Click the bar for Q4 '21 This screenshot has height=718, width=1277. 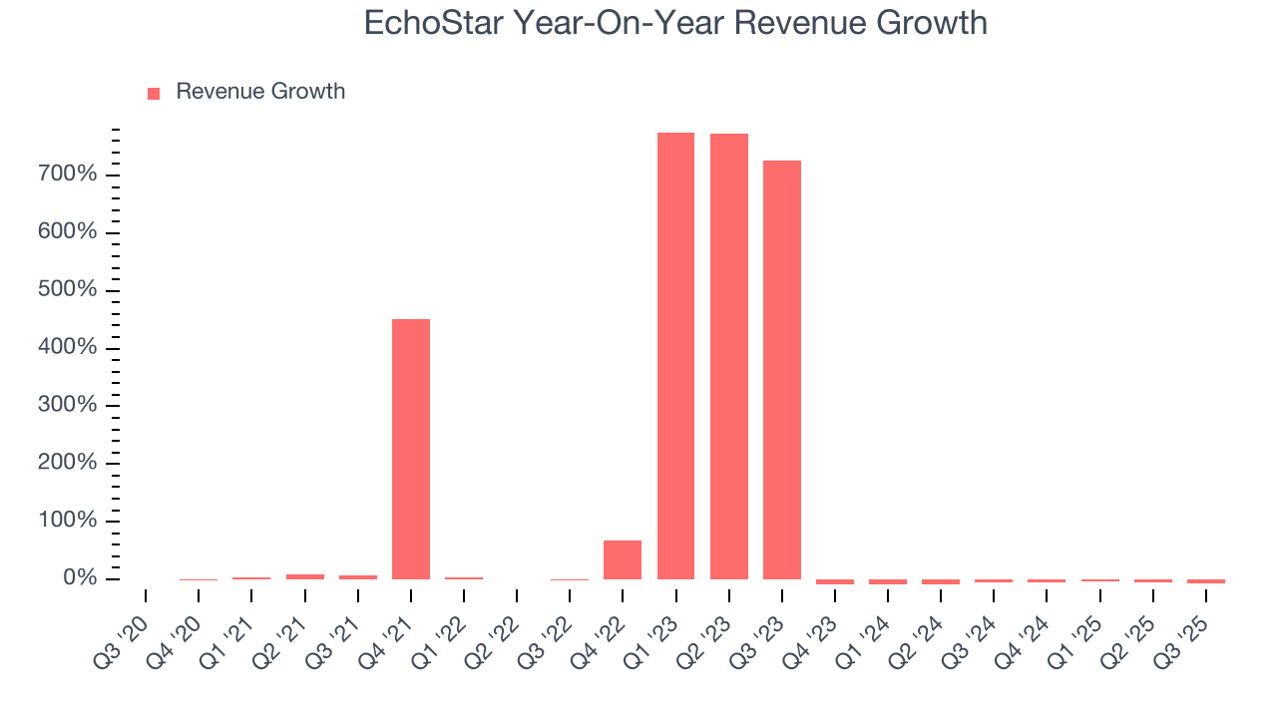411,449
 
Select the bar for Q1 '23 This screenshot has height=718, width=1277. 675,356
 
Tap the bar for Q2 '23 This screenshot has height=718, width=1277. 729,356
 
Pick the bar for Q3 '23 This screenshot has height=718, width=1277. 782,370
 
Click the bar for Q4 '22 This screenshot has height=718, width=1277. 623,559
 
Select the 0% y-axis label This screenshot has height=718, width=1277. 79,578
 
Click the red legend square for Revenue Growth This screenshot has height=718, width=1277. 154,93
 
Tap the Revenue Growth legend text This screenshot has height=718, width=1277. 260,92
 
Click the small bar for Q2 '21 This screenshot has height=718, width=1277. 305,576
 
